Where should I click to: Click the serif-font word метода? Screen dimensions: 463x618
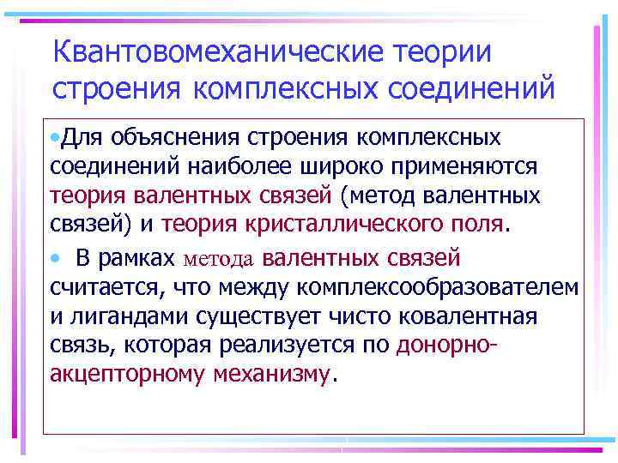219,257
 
